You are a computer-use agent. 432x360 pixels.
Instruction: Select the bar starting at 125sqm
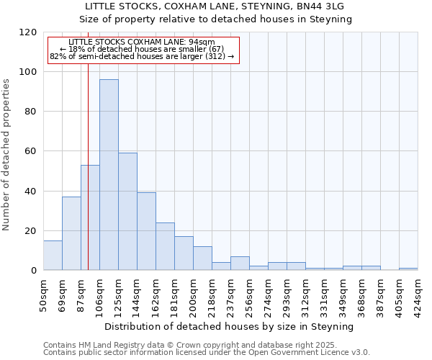[x=127, y=212]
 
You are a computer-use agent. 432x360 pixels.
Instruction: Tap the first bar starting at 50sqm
[x=53, y=256]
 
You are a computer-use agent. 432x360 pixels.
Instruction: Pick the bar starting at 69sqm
[x=71, y=233]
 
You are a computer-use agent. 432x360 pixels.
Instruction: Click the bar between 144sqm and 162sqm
[x=146, y=231]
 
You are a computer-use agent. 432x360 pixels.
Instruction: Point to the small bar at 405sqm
[x=408, y=269]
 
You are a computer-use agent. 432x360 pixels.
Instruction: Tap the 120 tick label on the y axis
[x=28, y=32]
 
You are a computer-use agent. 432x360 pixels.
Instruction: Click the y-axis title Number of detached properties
[x=6, y=155]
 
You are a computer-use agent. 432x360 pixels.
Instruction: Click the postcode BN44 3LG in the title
[x=318, y=6]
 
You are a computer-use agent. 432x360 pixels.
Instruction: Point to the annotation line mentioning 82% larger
[x=142, y=56]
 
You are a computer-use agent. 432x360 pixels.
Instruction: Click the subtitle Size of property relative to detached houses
[x=215, y=19]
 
